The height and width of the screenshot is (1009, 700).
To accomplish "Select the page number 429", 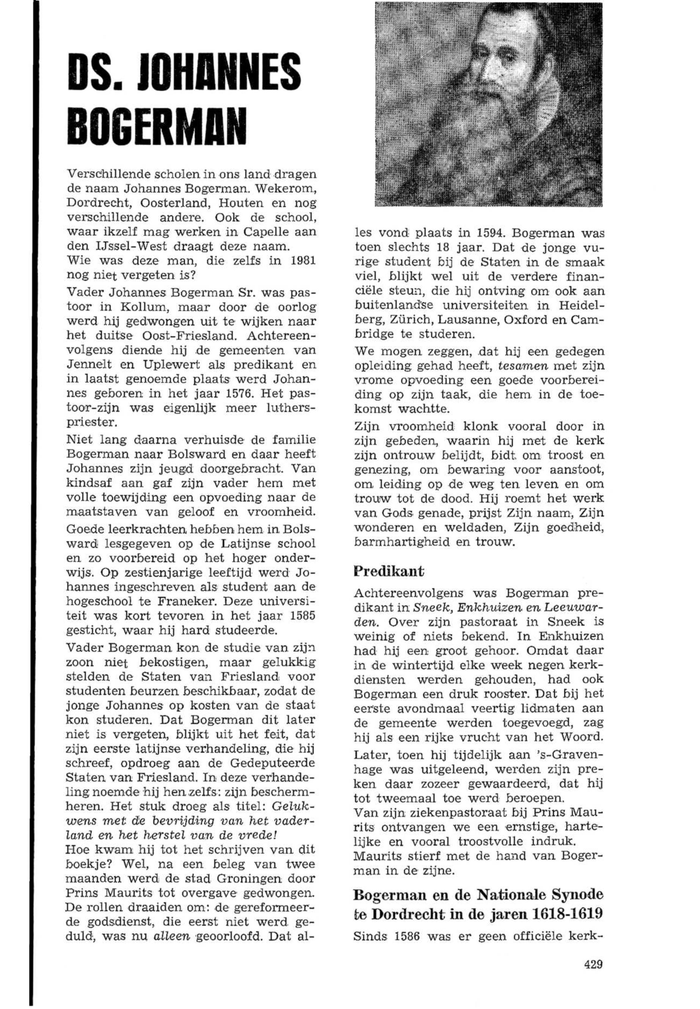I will [x=593, y=965].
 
